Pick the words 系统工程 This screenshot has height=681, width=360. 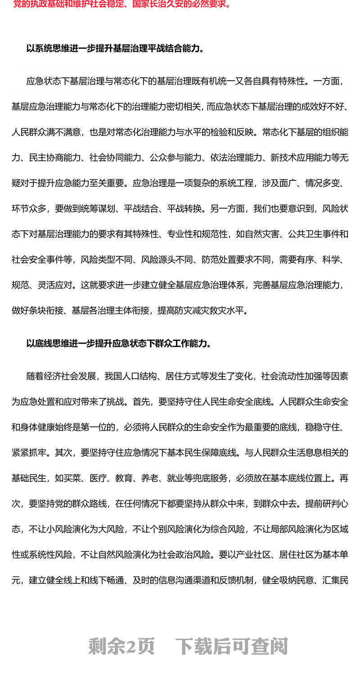pyautogui.click(x=234, y=183)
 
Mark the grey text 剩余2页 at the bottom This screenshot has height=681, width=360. pyautogui.click(x=121, y=646)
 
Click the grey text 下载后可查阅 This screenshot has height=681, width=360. pyautogui.click(x=231, y=646)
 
